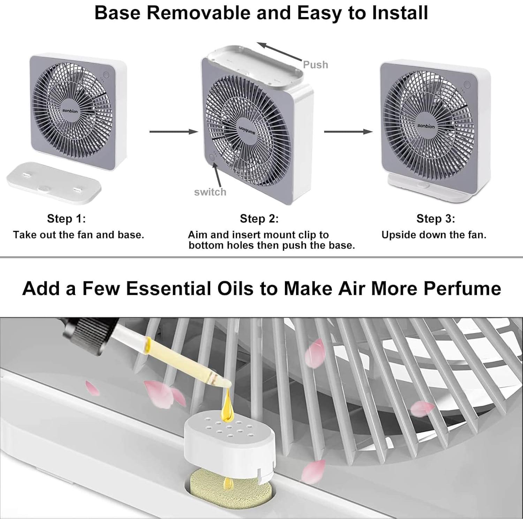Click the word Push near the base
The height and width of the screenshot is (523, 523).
[315, 65]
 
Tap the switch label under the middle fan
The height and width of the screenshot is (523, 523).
[210, 192]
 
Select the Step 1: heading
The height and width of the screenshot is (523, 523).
[66, 219]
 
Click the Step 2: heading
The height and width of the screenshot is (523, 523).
[259, 219]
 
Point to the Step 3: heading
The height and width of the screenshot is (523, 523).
[435, 219]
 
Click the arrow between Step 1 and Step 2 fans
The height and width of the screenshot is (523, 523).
[173, 131]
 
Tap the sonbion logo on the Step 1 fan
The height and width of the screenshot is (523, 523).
[70, 111]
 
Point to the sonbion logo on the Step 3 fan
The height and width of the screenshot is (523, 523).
[426, 126]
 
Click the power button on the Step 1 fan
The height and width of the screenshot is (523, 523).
[106, 75]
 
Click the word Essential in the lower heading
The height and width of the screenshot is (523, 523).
[189, 289]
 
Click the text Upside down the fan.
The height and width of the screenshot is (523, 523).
[434, 235]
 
